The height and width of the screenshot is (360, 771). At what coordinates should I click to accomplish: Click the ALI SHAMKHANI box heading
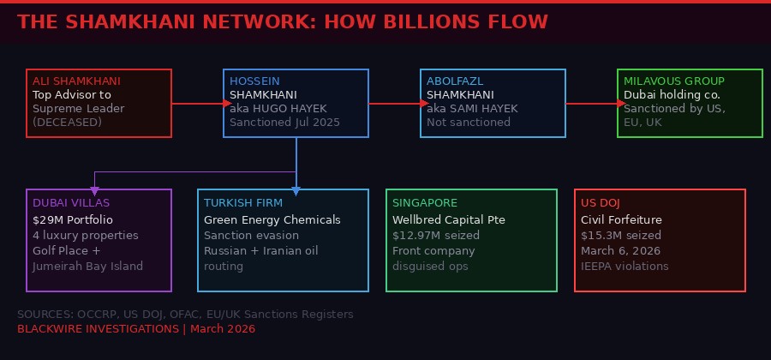tap(76, 81)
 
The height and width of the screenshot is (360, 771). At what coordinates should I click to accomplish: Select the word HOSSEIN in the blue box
tap(254, 81)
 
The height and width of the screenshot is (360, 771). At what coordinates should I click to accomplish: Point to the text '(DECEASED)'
tap(67, 122)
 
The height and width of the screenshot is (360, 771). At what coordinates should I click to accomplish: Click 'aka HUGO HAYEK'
tap(275, 108)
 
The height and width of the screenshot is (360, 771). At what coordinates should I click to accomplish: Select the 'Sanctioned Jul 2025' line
tap(284, 122)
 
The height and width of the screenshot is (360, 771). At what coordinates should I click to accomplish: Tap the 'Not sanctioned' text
tap(468, 122)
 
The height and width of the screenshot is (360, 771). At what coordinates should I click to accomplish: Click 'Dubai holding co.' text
tap(672, 94)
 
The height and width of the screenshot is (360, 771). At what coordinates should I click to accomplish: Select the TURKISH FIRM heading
tap(242, 202)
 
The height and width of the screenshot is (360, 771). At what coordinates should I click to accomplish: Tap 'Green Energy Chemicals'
tap(272, 219)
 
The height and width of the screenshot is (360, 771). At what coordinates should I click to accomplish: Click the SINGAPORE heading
tap(425, 202)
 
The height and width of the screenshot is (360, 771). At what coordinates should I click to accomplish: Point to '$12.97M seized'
tap(435, 235)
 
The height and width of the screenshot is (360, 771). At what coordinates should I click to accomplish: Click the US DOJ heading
tap(600, 202)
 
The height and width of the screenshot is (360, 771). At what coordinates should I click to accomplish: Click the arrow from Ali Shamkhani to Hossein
tap(197, 103)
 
